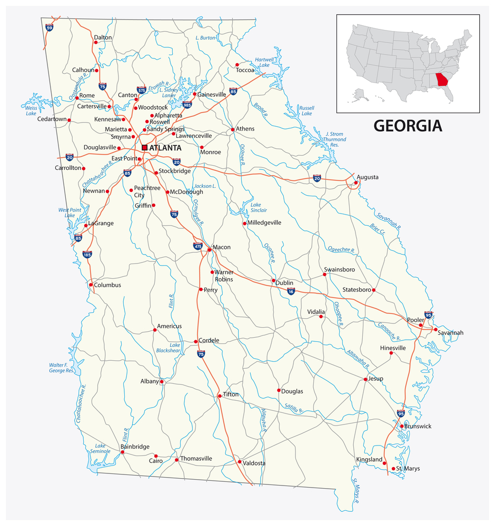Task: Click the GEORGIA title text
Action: point(408,126)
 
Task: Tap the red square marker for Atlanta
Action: point(145,148)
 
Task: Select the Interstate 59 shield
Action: point(49,26)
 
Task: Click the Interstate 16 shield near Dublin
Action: point(291,291)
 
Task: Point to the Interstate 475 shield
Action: point(198,246)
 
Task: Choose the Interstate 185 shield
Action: point(87,255)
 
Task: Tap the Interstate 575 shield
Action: point(141,90)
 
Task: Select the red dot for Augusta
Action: point(356,183)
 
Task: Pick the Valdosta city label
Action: point(254,463)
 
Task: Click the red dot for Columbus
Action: point(91,285)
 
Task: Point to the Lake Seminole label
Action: point(100,448)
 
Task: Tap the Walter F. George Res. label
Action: point(63,367)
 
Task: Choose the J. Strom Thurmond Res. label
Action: point(334,139)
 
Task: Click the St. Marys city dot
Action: point(393,469)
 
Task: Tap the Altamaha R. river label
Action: point(358,359)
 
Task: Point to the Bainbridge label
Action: point(135,447)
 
